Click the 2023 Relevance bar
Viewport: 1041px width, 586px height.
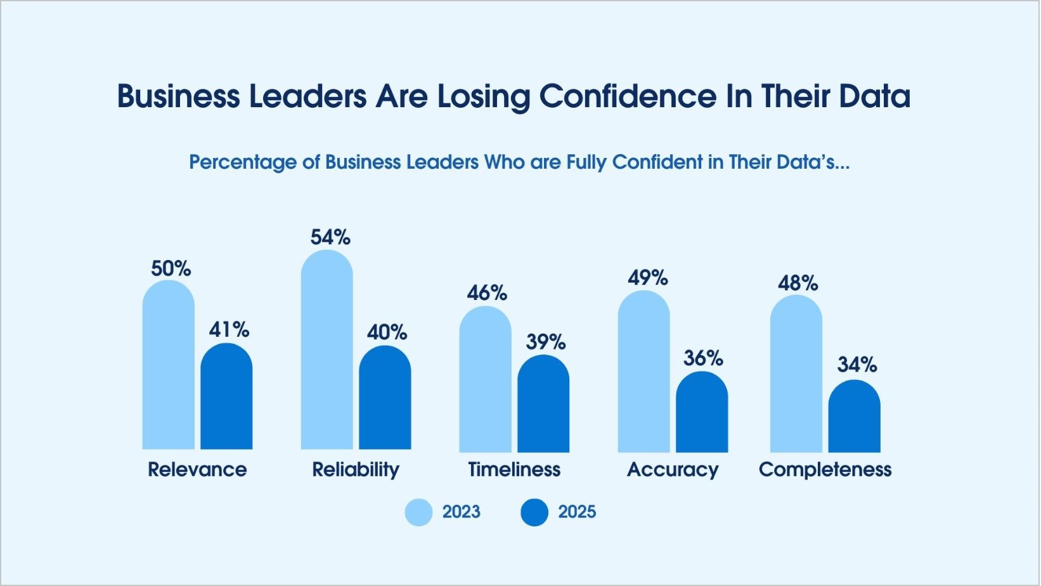pyautogui.click(x=168, y=368)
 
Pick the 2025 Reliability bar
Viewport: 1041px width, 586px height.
pyautogui.click(x=385, y=400)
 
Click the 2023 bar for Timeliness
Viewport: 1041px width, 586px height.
pyautogui.click(x=485, y=381)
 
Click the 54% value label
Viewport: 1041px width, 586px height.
pyautogui.click(x=330, y=238)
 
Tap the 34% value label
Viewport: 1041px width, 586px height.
pyautogui.click(x=857, y=365)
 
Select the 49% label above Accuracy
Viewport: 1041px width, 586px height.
pyautogui.click(x=648, y=278)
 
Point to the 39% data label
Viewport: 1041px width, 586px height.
pyautogui.click(x=546, y=342)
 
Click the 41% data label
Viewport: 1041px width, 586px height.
pyautogui.click(x=229, y=330)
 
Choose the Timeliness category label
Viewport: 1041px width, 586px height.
pyautogui.click(x=514, y=470)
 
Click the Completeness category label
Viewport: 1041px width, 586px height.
pyautogui.click(x=825, y=470)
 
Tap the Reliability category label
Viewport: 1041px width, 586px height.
pyautogui.click(x=356, y=470)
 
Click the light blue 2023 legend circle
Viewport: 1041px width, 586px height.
pyautogui.click(x=419, y=512)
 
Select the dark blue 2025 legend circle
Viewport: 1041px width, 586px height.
pyautogui.click(x=534, y=512)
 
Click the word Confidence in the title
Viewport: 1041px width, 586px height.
pyautogui.click(x=628, y=97)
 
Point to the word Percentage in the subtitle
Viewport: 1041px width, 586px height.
pyautogui.click(x=243, y=163)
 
